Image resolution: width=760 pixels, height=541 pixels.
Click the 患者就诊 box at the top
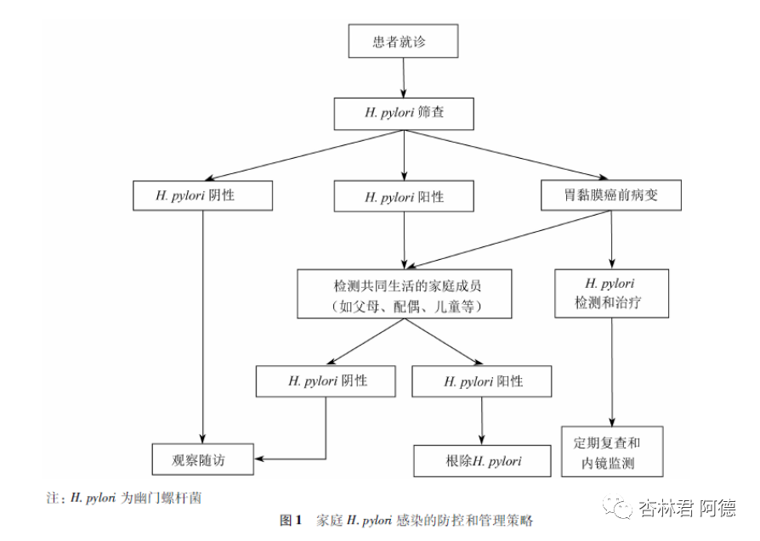[404, 42]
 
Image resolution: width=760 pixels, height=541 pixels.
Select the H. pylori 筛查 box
[404, 112]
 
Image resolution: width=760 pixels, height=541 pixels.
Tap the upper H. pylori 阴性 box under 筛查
[203, 196]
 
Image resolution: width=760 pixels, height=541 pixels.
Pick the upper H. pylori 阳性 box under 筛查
[404, 197]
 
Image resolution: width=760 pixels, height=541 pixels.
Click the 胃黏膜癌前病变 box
[611, 196]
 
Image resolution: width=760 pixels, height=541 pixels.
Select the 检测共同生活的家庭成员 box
[404, 294]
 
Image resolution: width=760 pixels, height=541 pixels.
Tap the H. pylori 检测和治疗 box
[611, 293]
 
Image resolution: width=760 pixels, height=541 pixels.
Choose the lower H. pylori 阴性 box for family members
[326, 380]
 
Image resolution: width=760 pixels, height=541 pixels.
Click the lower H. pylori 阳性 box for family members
[481, 381]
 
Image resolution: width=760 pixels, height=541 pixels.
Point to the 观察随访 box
[203, 459]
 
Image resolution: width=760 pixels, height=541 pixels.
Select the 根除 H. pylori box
[482, 461]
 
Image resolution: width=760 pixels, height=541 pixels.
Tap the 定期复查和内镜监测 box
[611, 453]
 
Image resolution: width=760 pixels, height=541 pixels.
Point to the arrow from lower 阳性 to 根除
[482, 420]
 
